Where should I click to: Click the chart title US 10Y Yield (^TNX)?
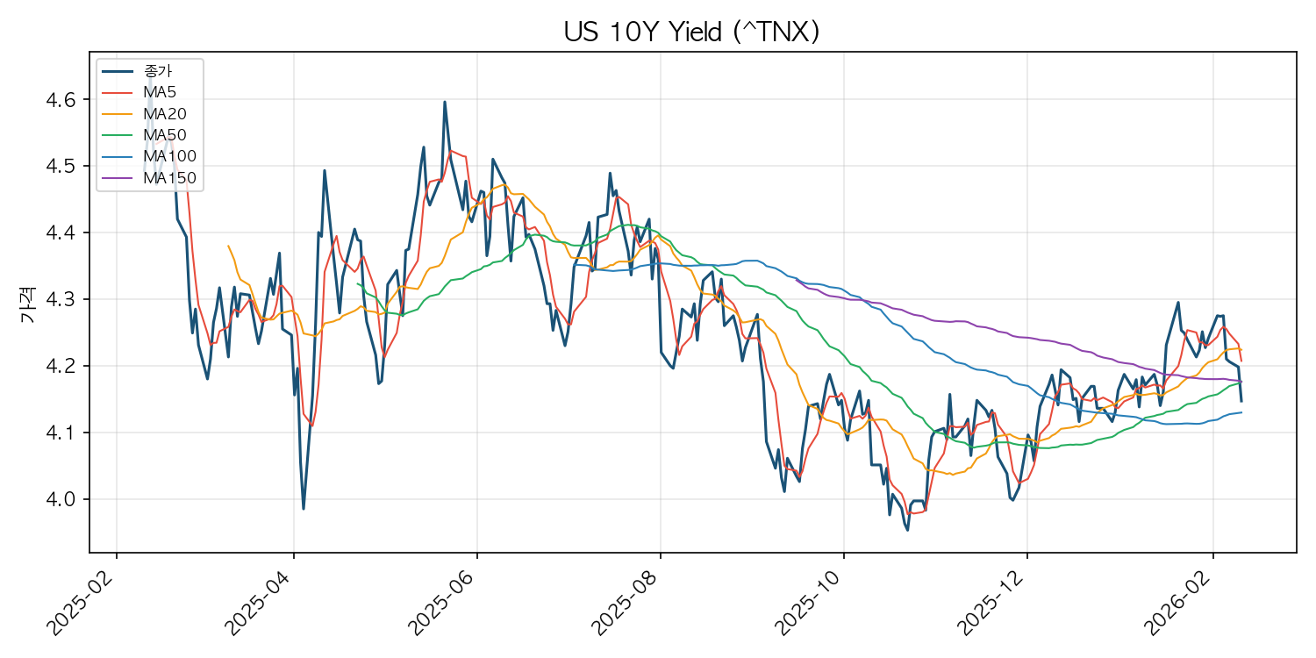[691, 32]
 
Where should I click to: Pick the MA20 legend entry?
[165, 114]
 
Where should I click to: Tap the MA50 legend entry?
[165, 135]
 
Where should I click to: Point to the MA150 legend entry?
[169, 178]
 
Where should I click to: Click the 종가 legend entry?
[158, 71]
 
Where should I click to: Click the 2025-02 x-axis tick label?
[82, 602]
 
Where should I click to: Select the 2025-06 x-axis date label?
[443, 602]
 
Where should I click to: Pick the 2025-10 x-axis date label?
[810, 602]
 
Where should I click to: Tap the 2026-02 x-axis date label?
[1178, 602]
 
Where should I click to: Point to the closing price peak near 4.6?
[444, 102]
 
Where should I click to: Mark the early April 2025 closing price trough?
[304, 508]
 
